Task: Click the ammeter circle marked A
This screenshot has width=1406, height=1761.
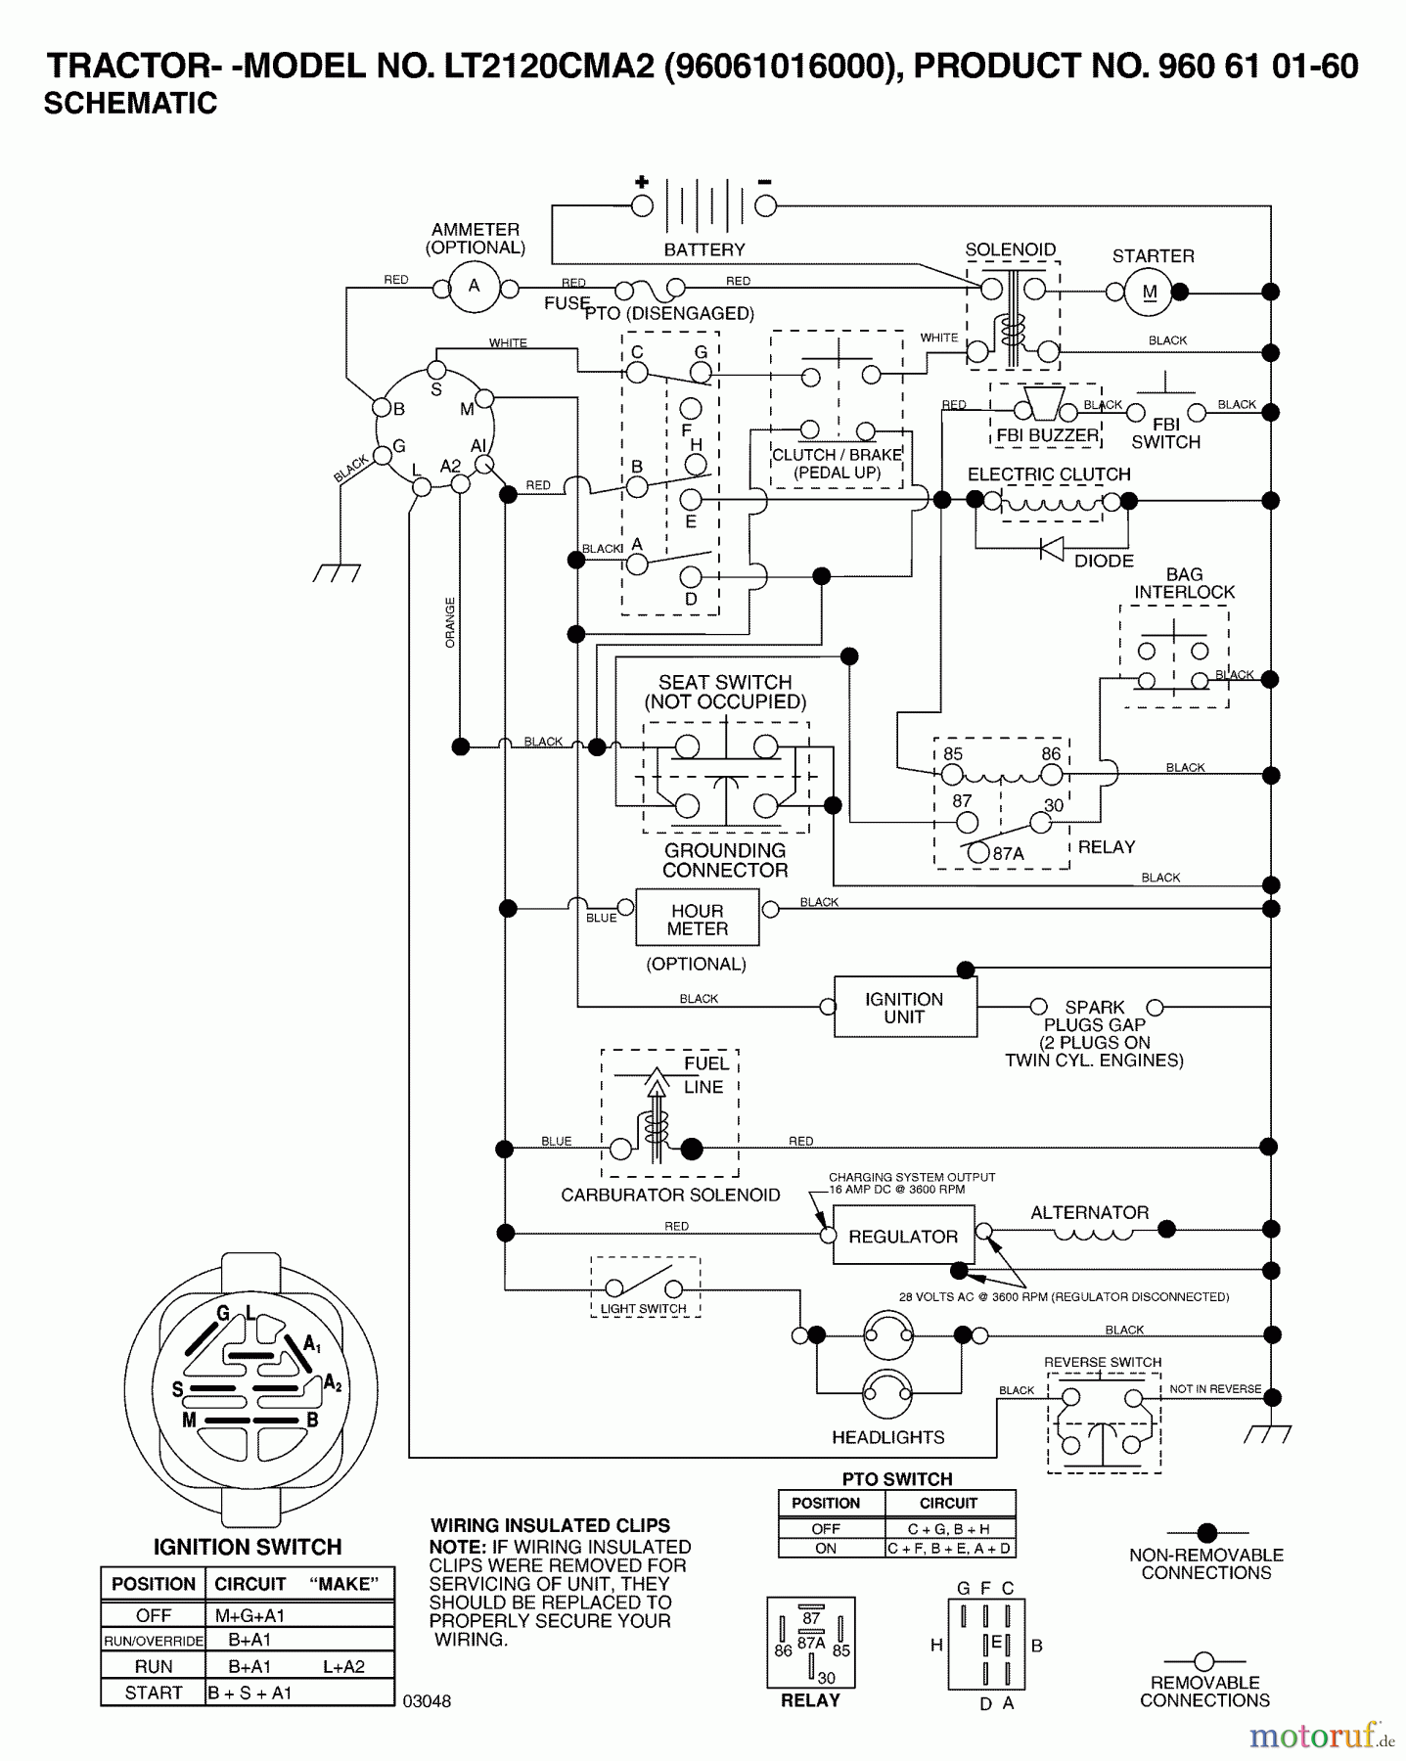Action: click(475, 288)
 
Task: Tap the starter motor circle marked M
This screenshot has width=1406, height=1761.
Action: click(1150, 292)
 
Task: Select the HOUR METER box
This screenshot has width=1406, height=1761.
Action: click(698, 920)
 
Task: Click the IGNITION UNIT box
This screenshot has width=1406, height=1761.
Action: click(905, 1008)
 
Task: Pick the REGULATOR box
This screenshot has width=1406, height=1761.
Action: click(903, 1237)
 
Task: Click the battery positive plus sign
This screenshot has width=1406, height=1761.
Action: click(642, 182)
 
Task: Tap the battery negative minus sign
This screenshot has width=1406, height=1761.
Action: click(765, 182)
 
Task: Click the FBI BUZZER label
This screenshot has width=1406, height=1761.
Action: click(1047, 435)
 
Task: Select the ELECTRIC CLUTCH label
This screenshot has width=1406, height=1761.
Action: click(1049, 474)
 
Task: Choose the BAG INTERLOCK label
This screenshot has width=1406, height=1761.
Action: click(1184, 583)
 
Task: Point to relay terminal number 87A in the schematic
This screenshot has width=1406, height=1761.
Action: click(1009, 853)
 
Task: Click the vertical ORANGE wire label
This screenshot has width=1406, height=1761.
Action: click(450, 622)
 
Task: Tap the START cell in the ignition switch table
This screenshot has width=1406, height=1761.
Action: click(154, 1693)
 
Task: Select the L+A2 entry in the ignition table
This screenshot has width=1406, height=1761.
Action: click(343, 1666)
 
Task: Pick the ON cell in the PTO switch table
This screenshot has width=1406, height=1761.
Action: click(826, 1549)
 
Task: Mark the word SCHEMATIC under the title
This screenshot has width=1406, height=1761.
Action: click(130, 104)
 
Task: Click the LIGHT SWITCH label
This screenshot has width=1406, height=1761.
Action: click(643, 1309)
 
